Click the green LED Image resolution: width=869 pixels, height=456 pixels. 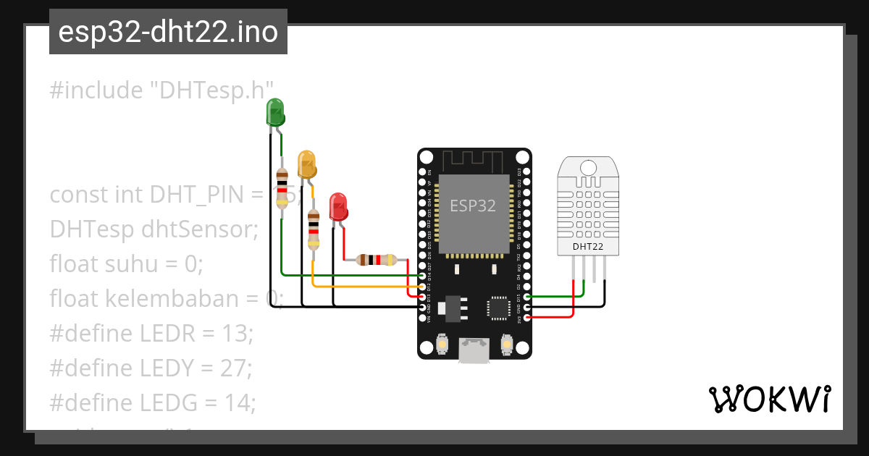pyautogui.click(x=276, y=113)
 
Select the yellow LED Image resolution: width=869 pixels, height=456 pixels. pyautogui.click(x=306, y=164)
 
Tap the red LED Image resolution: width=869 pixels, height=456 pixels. pyautogui.click(x=337, y=207)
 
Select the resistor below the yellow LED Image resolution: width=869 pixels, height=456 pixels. pyautogui.click(x=313, y=229)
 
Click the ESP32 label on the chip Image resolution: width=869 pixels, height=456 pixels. pyautogui.click(x=473, y=206)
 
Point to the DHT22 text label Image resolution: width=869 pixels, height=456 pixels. pyautogui.click(x=588, y=246)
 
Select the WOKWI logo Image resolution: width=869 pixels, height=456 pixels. pyautogui.click(x=769, y=399)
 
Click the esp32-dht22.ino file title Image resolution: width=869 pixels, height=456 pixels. pyautogui.click(x=168, y=32)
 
